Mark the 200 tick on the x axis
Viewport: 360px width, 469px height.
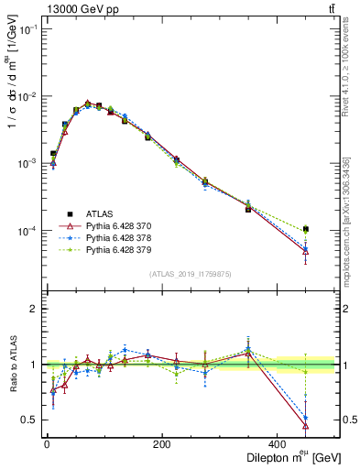[x=161, y=442]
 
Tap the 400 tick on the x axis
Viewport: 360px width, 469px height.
[x=277, y=442]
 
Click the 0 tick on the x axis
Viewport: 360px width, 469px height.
[x=46, y=442]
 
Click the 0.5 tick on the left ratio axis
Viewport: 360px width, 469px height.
[x=27, y=420]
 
